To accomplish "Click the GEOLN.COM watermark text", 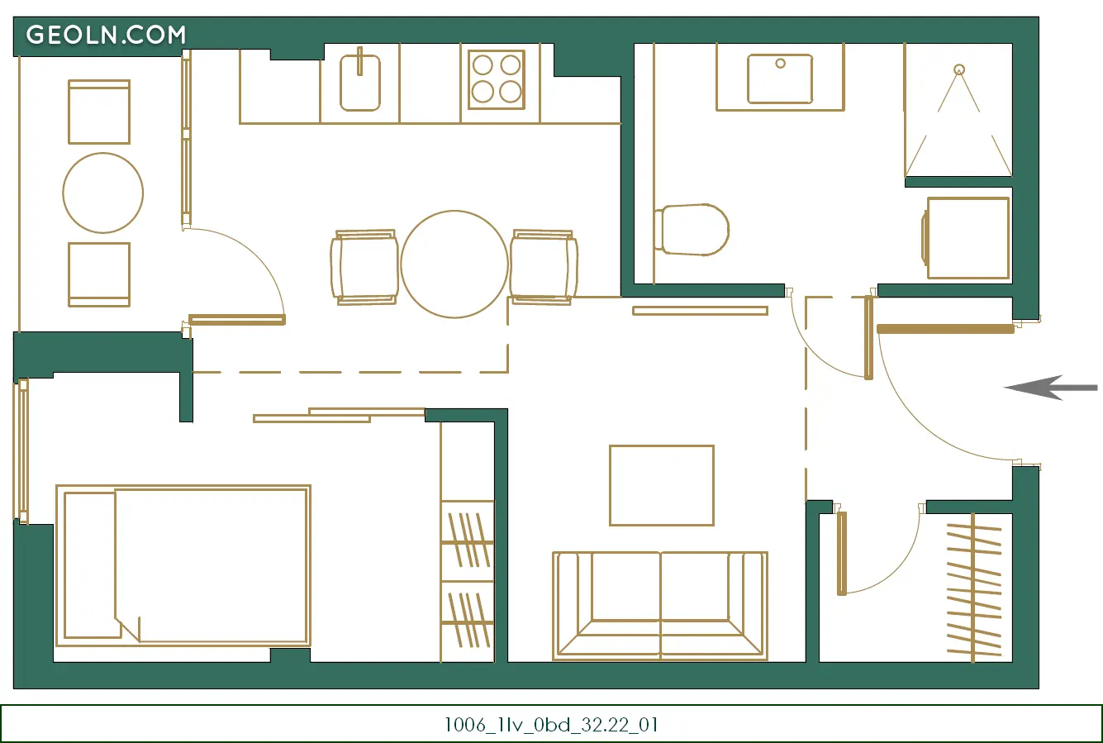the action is (x=106, y=35).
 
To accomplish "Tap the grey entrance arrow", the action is (x=1050, y=388).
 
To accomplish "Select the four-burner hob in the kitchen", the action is (x=497, y=79).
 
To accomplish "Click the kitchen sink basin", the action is (x=360, y=83).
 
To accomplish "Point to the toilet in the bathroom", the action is (x=692, y=230).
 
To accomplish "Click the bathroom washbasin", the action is (x=780, y=79).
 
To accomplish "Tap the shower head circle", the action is (x=958, y=69).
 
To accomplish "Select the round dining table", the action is (x=454, y=264).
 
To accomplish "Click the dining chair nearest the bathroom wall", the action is (x=544, y=267).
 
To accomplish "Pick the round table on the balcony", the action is (x=103, y=193).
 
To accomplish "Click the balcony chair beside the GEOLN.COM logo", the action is (x=99, y=112).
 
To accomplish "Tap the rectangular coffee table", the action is (x=661, y=485).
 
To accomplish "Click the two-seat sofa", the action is (x=660, y=606).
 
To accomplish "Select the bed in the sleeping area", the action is (x=183, y=565).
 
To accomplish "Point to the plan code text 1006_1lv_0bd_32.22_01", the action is (x=552, y=725).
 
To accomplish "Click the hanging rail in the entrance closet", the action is (x=973, y=588).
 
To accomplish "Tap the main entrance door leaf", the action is (x=945, y=329).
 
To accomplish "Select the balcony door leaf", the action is (x=237, y=320).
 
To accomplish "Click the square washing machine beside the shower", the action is (x=968, y=238).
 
